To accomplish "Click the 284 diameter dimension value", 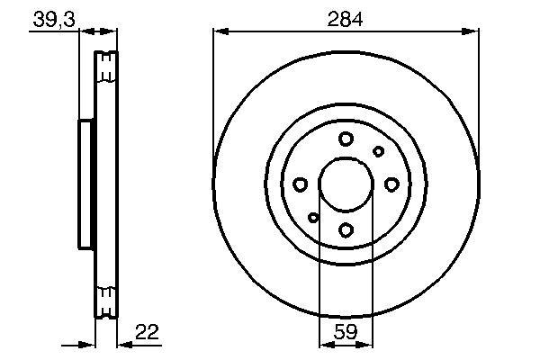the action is point(345,19).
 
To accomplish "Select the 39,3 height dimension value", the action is point(54,20).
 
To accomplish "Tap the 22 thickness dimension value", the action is point(147,332).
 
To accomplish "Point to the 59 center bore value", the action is point(346,332).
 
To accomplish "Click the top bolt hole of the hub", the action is point(346,139).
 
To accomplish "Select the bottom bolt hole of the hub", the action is point(346,229).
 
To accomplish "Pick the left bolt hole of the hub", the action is point(301,184).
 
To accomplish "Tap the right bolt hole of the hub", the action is point(391,184).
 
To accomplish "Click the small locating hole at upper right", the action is point(378,151).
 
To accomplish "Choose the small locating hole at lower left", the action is point(313,218).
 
